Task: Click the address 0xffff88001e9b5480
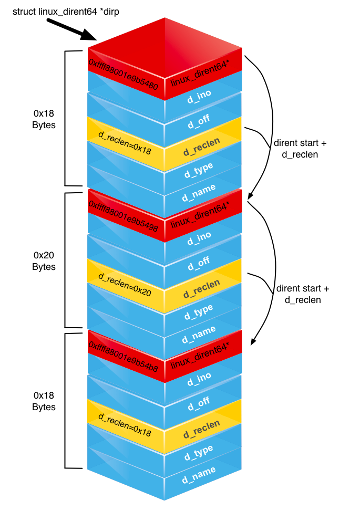123,75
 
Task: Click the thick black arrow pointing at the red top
71,29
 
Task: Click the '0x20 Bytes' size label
44,261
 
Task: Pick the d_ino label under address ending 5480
200,99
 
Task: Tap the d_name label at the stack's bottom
199,473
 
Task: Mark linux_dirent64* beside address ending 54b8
200,358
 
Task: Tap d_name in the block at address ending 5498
199,332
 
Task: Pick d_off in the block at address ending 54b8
199,403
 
